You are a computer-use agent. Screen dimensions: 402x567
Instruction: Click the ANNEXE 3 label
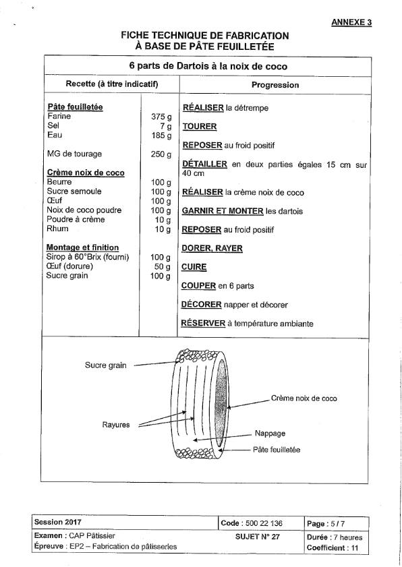tap(351, 22)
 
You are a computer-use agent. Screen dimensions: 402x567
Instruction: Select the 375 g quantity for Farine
tap(161, 117)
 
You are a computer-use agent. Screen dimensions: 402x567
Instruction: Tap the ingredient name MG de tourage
tap(74, 154)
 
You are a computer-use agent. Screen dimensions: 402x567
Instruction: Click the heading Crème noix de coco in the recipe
tap(86, 173)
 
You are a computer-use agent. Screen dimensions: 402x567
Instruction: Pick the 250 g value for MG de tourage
tap(161, 154)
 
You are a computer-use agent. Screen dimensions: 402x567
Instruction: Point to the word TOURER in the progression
tap(200, 127)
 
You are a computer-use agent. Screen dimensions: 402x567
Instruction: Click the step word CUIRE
tap(194, 267)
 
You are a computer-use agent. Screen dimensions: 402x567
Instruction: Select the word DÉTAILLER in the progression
tap(205, 164)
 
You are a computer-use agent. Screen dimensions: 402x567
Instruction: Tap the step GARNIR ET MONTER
tap(223, 211)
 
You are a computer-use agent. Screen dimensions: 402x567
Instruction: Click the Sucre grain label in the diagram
tap(106, 365)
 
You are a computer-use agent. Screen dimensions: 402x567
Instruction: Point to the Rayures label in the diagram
tap(116, 425)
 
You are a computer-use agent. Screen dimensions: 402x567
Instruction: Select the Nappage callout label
tap(270, 434)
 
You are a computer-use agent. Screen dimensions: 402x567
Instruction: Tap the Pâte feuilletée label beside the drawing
tap(277, 450)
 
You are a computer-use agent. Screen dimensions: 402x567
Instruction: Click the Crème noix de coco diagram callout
tap(304, 398)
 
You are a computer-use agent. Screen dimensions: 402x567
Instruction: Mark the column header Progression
tap(275, 85)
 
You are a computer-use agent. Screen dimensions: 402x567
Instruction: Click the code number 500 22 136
tap(264, 523)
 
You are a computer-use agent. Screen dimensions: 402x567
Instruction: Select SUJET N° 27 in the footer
tap(257, 537)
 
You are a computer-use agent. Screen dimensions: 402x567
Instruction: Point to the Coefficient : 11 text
tap(332, 548)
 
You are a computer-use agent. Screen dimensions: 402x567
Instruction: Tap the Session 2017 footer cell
tap(58, 522)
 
